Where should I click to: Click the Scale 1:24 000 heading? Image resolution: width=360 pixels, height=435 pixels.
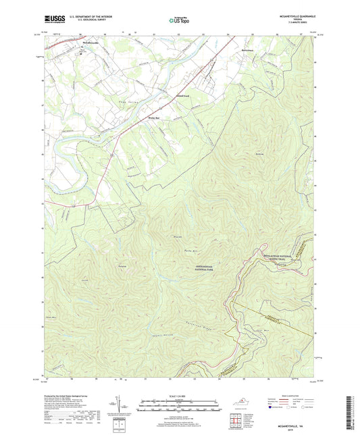click(180, 394)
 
